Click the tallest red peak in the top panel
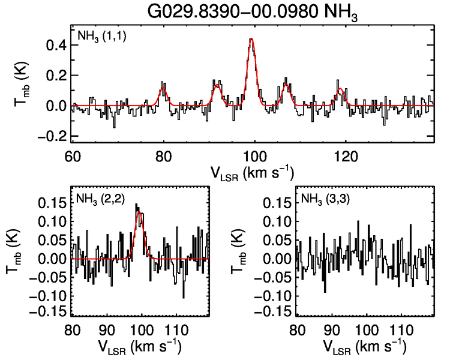click(252, 39)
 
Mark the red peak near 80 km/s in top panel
click(163, 85)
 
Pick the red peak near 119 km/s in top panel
click(340, 89)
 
